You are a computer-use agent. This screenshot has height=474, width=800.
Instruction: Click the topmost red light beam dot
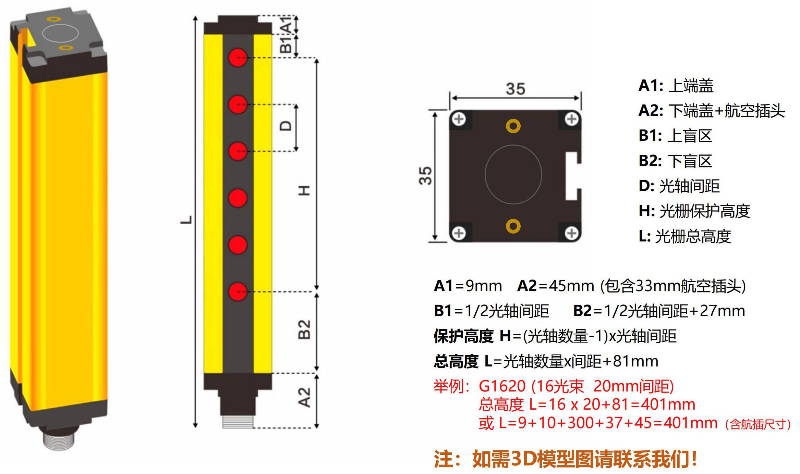point(238,57)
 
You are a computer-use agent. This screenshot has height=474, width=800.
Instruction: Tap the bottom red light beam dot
point(238,292)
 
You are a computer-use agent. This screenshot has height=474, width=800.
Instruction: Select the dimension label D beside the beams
point(286,126)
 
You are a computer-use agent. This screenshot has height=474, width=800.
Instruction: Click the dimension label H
point(304,190)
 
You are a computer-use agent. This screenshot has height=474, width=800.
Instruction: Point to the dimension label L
point(186,220)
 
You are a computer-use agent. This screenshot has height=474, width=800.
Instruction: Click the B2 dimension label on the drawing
point(304,329)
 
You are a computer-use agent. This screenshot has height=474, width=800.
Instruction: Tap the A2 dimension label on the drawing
point(304,398)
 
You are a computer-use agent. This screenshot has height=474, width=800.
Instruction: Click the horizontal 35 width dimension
point(515,89)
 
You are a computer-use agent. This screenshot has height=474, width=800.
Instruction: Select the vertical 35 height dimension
point(425,176)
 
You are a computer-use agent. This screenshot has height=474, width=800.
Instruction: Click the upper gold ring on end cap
point(513,126)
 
